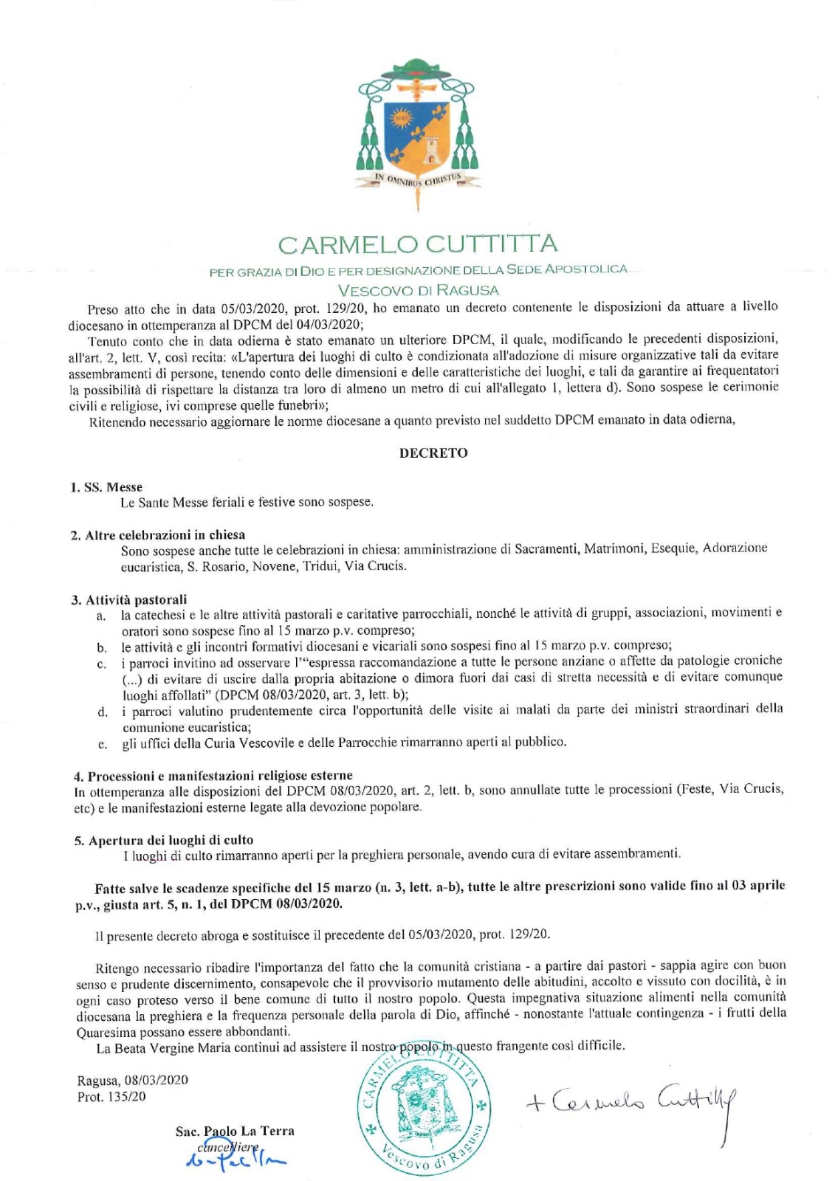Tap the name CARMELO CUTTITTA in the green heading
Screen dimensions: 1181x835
point(418,244)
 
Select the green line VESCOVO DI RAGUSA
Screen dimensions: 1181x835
point(418,290)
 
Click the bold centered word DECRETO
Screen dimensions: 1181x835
point(433,453)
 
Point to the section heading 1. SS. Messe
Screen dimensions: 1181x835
point(106,487)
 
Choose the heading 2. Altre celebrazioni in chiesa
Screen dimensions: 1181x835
point(158,535)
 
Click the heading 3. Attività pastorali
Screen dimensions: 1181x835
point(129,599)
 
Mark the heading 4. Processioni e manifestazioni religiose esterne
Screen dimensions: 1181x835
point(213,776)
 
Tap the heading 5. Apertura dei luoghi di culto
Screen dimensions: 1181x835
point(164,840)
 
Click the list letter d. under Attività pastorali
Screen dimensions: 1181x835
point(103,712)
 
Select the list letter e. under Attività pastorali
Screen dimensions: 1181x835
point(103,744)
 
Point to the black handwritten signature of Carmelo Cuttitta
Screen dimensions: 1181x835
point(631,1102)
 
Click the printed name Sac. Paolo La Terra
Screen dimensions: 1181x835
point(235,1131)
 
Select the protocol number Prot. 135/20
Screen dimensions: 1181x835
point(111,1097)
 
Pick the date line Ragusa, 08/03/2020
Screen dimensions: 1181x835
point(132,1080)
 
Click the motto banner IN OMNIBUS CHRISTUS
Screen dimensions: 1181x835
point(418,179)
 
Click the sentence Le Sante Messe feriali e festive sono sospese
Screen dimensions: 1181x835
point(247,503)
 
